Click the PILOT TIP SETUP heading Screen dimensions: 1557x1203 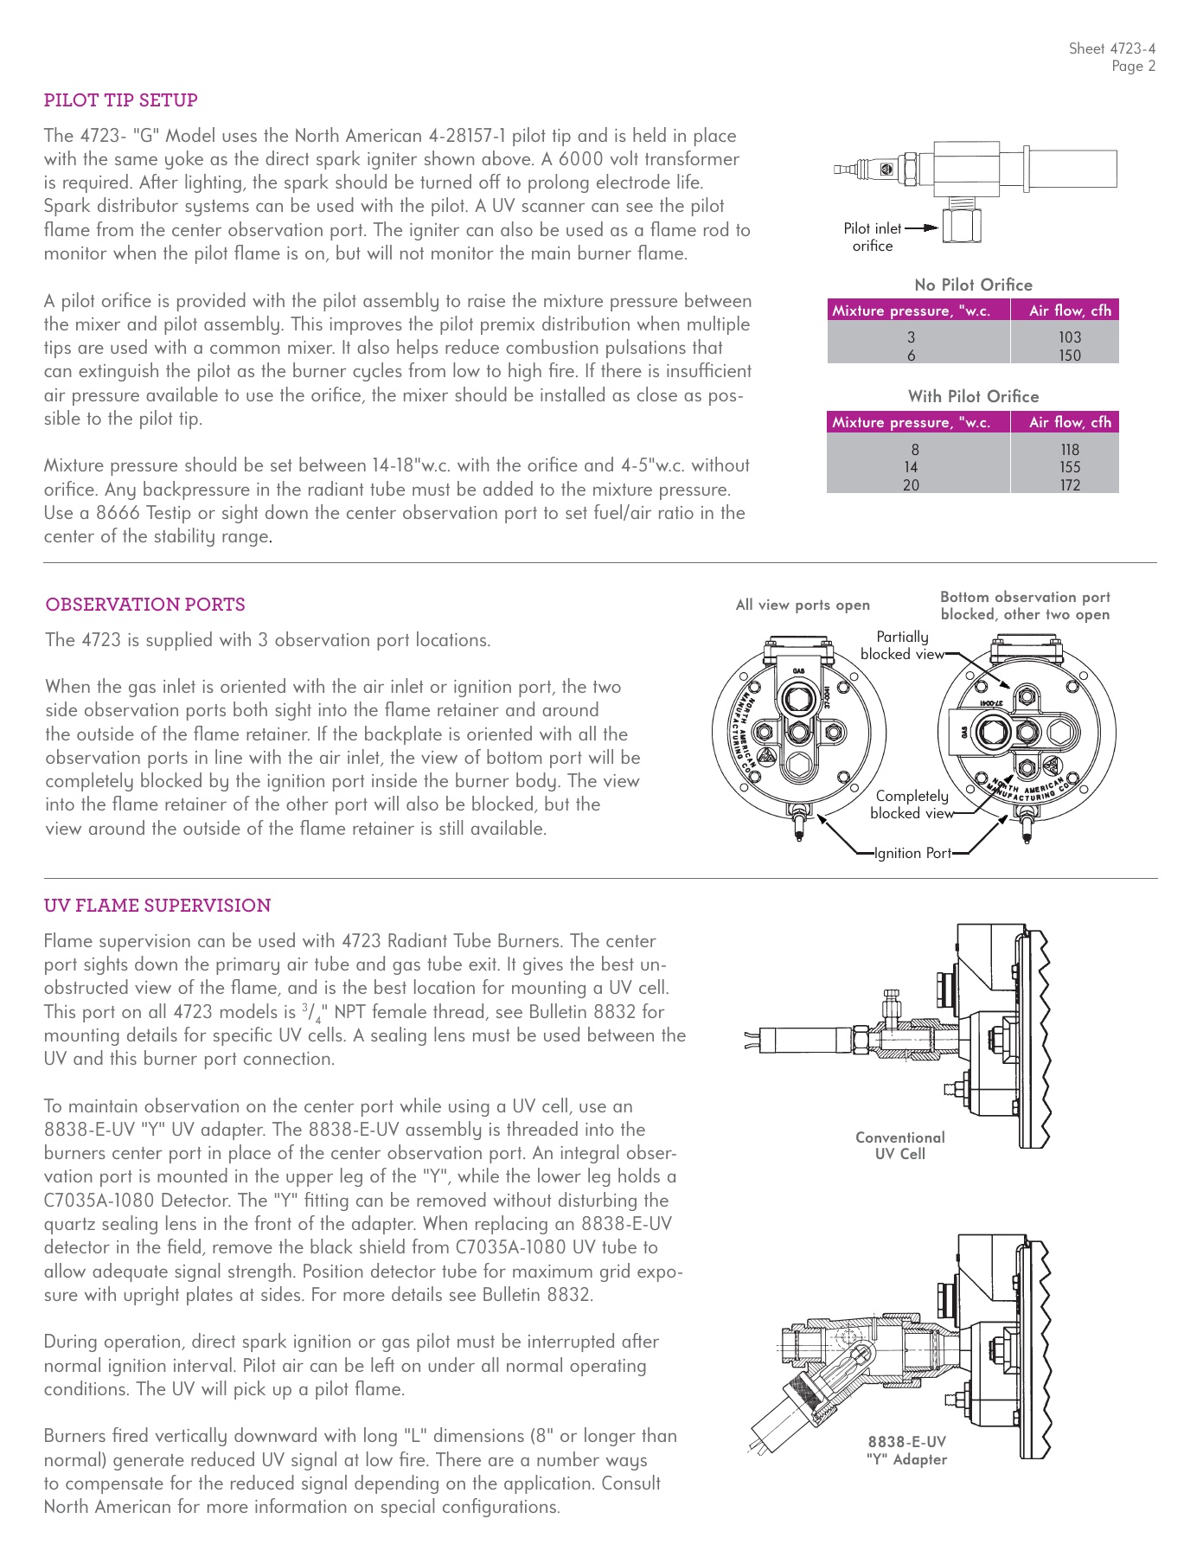click(x=120, y=100)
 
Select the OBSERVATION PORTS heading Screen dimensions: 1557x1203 click(x=145, y=605)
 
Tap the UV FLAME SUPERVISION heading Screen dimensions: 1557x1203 click(x=157, y=906)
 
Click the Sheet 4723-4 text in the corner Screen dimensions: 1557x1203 click(x=1111, y=49)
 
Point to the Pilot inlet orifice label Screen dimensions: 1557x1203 click(x=872, y=237)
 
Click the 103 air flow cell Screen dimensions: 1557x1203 click(x=1069, y=337)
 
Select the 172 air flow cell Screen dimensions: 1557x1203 click(x=1069, y=485)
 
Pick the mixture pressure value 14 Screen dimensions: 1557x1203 click(x=911, y=467)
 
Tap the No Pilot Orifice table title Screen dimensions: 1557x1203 click(x=973, y=285)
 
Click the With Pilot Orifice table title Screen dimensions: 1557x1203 click(x=973, y=396)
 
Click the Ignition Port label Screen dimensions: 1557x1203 click(x=912, y=853)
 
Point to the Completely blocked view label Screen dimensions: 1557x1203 click(x=912, y=804)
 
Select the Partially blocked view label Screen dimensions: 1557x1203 click(x=902, y=645)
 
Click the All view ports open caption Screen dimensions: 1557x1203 click(x=803, y=605)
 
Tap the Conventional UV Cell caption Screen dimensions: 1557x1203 click(x=899, y=1145)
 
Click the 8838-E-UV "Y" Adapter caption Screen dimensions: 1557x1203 click(x=906, y=1451)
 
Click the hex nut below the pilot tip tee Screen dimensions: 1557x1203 click(x=961, y=227)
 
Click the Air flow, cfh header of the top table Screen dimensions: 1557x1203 click(x=1069, y=311)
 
